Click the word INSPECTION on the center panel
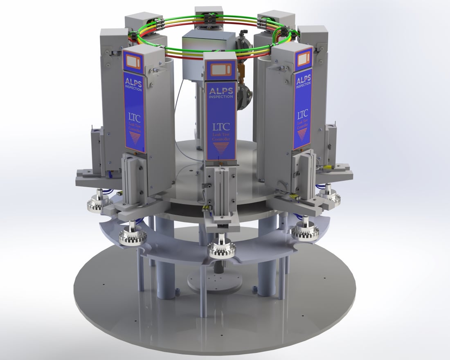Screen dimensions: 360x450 click(x=221, y=97)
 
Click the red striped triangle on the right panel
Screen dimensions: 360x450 click(x=302, y=133)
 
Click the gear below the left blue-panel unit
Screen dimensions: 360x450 click(x=133, y=235)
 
